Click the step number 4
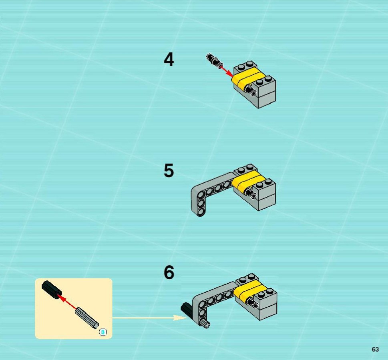[x=169, y=60]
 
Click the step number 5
[x=169, y=170]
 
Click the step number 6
[x=169, y=272]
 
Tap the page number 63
[x=375, y=349]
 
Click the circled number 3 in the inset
[x=103, y=332]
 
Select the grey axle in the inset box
[x=87, y=318]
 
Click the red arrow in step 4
[x=226, y=71]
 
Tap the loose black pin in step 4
[x=213, y=60]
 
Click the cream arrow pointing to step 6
[x=149, y=318]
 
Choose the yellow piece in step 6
[x=250, y=291]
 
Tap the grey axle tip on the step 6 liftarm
[x=206, y=324]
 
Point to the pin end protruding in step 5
[x=253, y=195]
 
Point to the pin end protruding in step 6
[x=254, y=305]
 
